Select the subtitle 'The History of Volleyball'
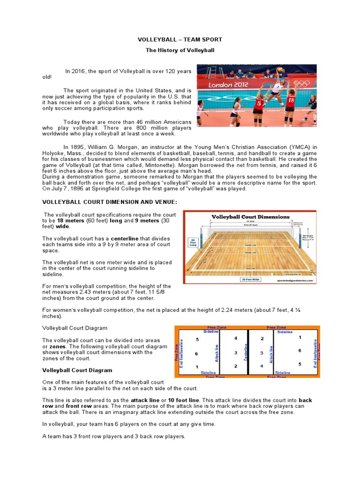(x=180, y=50)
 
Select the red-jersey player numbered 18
(x=290, y=103)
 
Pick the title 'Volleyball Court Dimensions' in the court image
(x=250, y=217)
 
